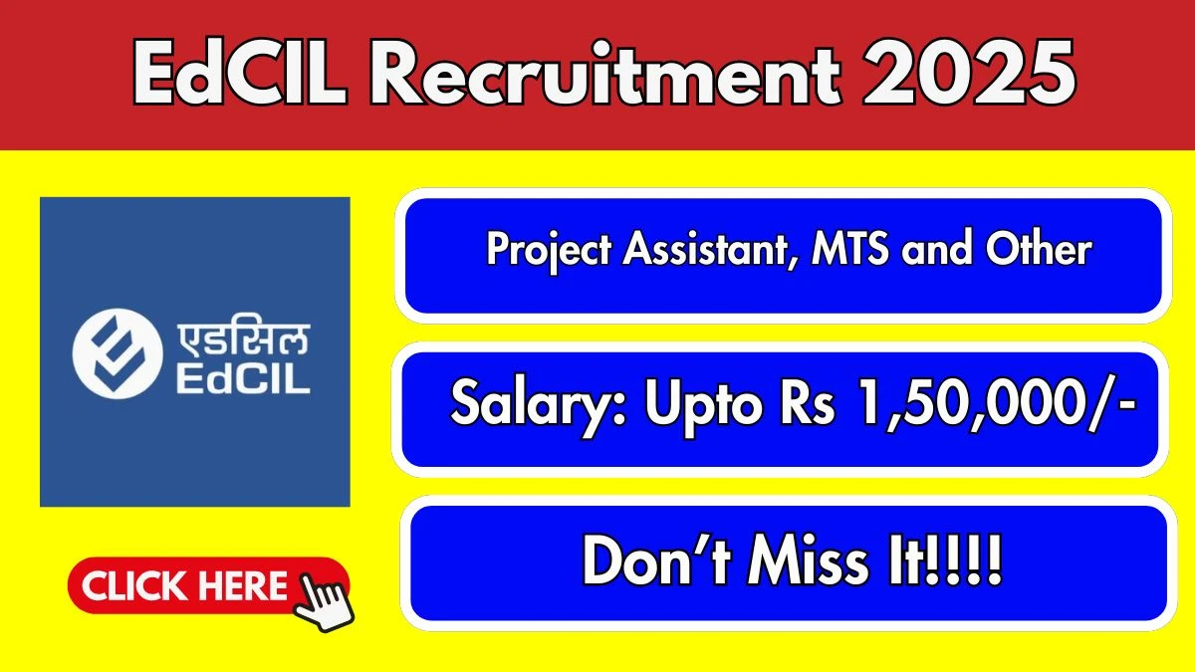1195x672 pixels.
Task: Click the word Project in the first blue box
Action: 550,250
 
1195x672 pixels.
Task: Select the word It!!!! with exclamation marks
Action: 950,562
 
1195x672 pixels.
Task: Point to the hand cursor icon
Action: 325,598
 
